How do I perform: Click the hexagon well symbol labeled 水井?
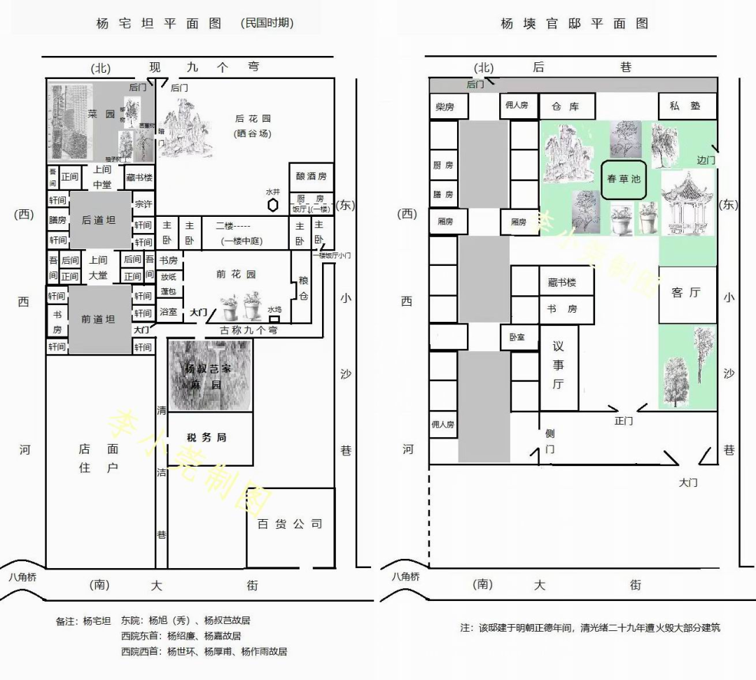pyautogui.click(x=273, y=205)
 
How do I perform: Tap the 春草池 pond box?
pyautogui.click(x=623, y=179)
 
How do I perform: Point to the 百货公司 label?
pyautogui.click(x=290, y=524)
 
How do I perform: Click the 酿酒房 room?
pyautogui.click(x=311, y=176)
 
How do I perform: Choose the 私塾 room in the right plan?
pyautogui.click(x=687, y=106)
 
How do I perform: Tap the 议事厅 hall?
pyautogui.click(x=558, y=364)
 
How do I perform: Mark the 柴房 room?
pyautogui.click(x=444, y=107)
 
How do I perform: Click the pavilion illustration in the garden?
pyautogui.click(x=686, y=203)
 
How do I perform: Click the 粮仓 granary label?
pyautogui.click(x=303, y=288)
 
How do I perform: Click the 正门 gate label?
pyautogui.click(x=623, y=421)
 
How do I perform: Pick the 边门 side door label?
pyautogui.click(x=706, y=160)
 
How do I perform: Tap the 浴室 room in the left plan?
pyautogui.click(x=169, y=311)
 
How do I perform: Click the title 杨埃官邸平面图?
pyautogui.click(x=574, y=24)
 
